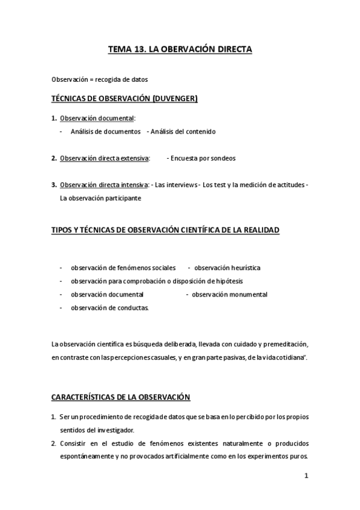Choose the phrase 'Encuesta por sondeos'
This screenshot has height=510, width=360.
[203, 158]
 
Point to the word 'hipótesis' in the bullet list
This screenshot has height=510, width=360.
[229, 281]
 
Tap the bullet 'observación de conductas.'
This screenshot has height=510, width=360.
[109, 307]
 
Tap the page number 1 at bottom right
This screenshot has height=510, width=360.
[306, 476]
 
